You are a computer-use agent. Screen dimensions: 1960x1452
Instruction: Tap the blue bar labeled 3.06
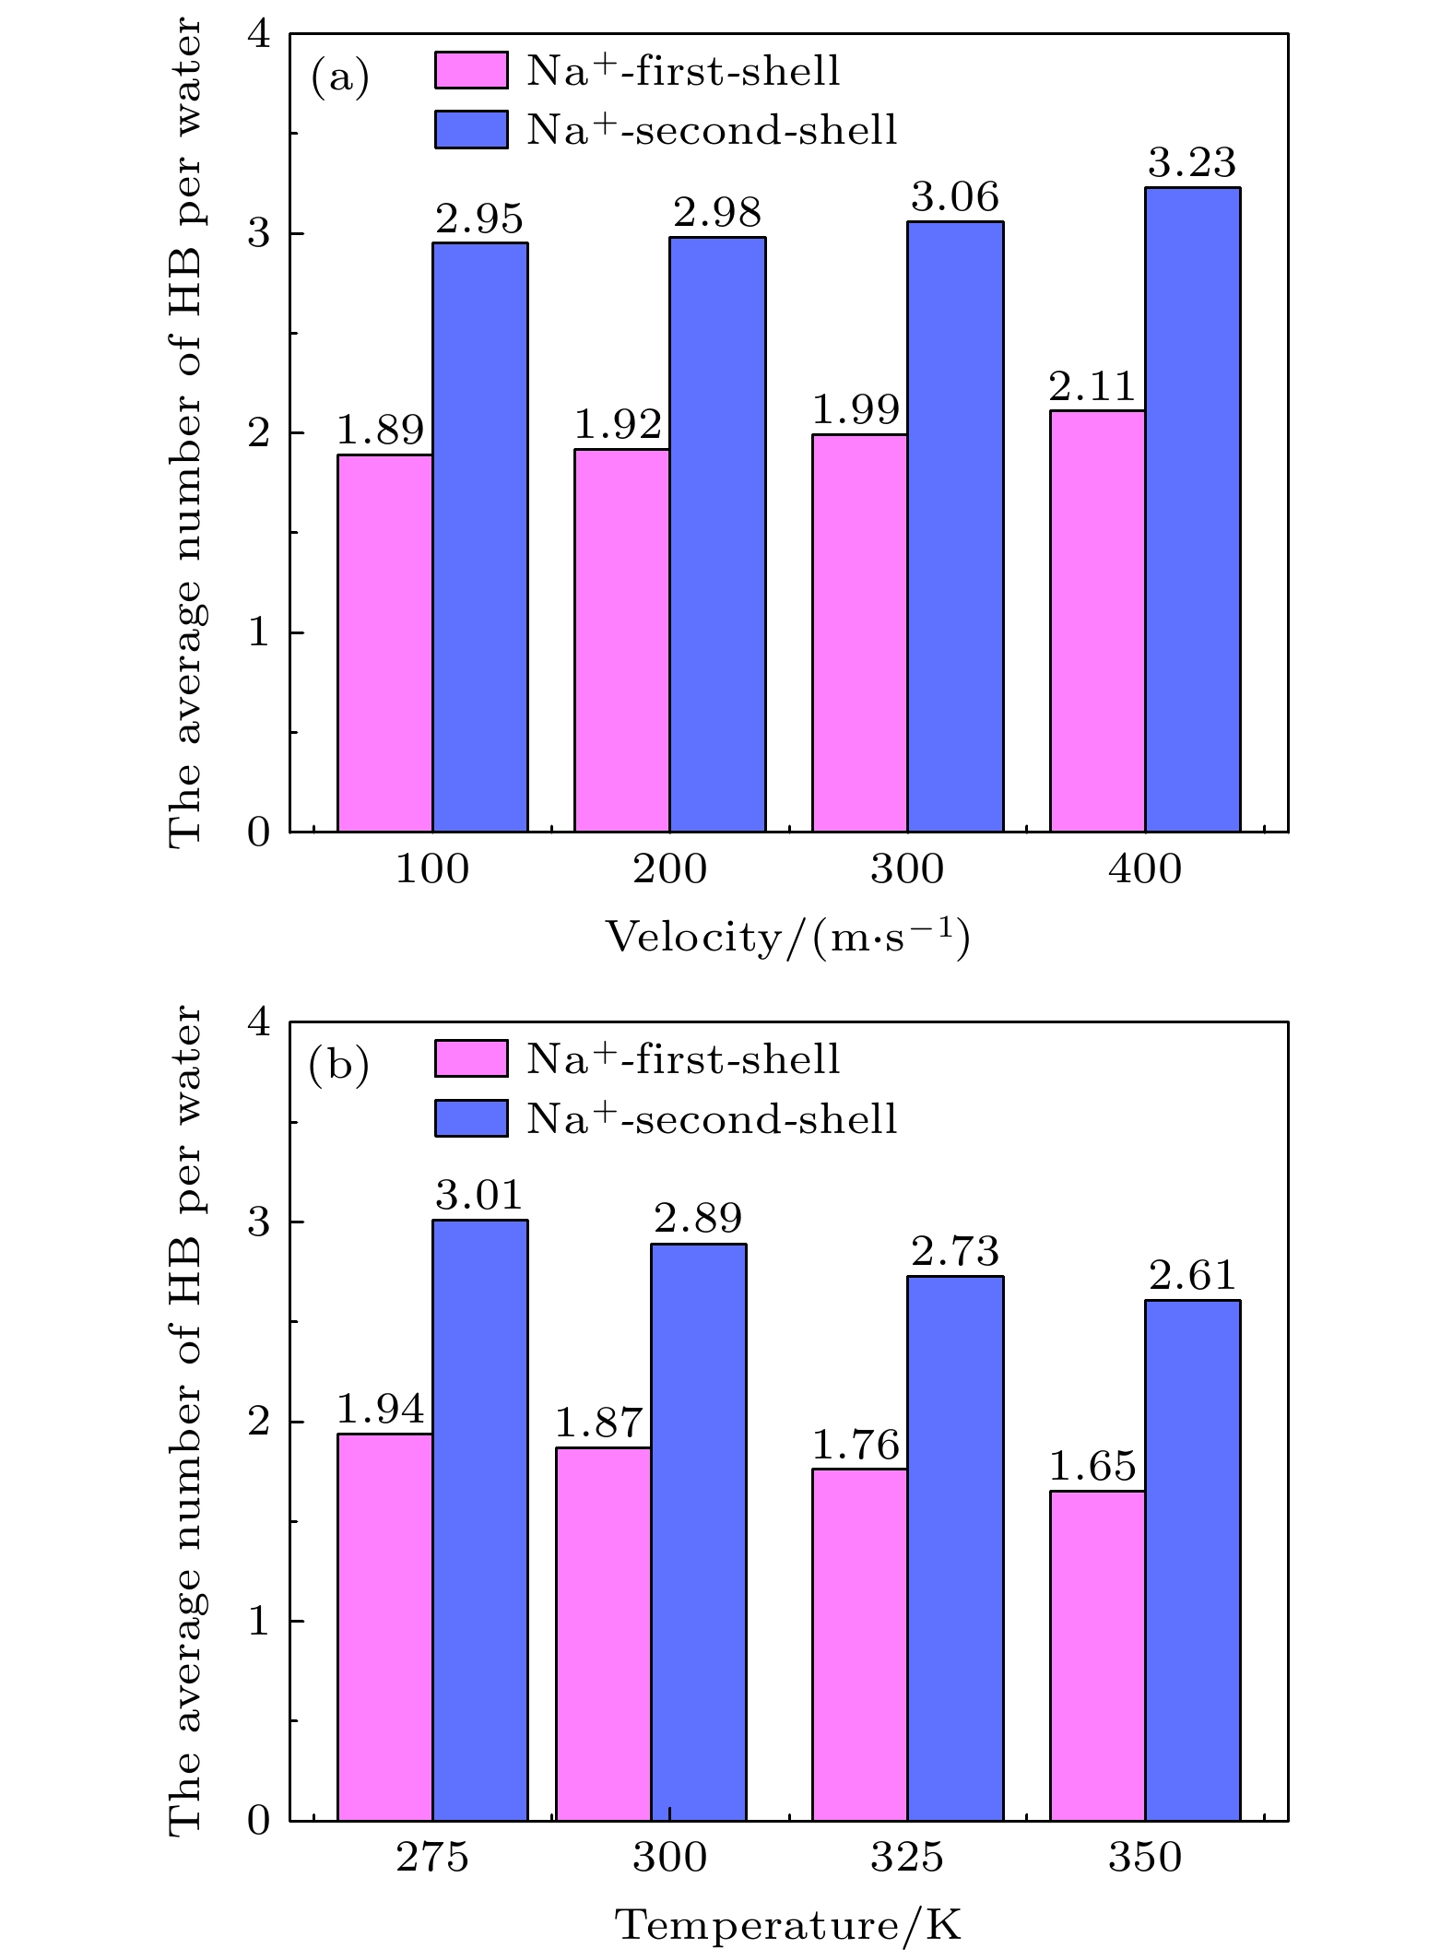(x=955, y=526)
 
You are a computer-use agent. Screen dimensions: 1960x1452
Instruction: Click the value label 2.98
(x=717, y=214)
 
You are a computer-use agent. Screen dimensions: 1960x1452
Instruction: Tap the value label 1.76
(x=856, y=1445)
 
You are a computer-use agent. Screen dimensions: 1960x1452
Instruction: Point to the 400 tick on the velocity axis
(x=1145, y=868)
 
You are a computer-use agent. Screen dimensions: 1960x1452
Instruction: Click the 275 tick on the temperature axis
(x=432, y=1858)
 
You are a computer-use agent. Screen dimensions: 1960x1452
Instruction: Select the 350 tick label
(x=1145, y=1858)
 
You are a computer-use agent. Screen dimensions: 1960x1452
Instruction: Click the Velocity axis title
(x=787, y=938)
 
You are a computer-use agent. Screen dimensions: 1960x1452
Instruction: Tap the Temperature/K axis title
(x=787, y=1925)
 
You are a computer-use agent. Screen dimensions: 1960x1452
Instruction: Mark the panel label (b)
(x=339, y=1066)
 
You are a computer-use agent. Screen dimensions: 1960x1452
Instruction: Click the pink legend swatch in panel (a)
(x=471, y=71)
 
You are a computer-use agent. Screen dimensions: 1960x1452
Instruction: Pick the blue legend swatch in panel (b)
(x=471, y=1118)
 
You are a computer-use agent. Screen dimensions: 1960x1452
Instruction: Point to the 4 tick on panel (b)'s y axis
(x=259, y=1023)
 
